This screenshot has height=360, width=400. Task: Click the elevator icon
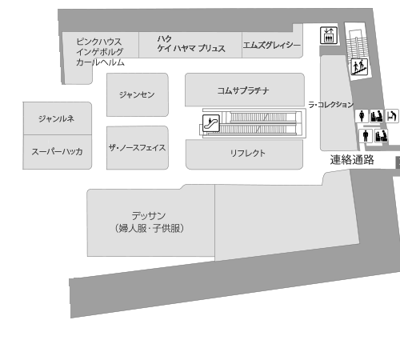[329, 35]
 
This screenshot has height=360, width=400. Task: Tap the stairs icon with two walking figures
[359, 66]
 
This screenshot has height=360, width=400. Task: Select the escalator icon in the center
[211, 123]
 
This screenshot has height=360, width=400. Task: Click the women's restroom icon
[362, 116]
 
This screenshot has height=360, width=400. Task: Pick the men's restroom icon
[366, 136]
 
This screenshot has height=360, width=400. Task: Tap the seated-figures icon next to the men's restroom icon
[381, 136]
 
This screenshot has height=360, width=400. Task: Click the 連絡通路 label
[352, 160]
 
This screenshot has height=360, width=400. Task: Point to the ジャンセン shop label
[137, 94]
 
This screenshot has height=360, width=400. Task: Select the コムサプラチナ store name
[243, 90]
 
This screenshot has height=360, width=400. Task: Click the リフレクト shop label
[248, 153]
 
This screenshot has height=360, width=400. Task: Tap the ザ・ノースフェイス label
[137, 147]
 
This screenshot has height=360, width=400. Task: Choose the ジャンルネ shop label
[56, 118]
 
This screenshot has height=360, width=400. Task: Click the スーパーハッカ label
[57, 151]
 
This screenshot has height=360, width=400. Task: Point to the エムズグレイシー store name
[271, 45]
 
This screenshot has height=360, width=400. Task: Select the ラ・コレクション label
[331, 105]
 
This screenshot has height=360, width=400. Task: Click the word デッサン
[149, 215]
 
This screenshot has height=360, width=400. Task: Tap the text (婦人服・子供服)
[150, 228]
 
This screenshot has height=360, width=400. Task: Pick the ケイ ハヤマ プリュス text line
[191, 48]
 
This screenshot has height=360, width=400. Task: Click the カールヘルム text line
[100, 62]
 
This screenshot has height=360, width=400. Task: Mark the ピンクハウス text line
[99, 42]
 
